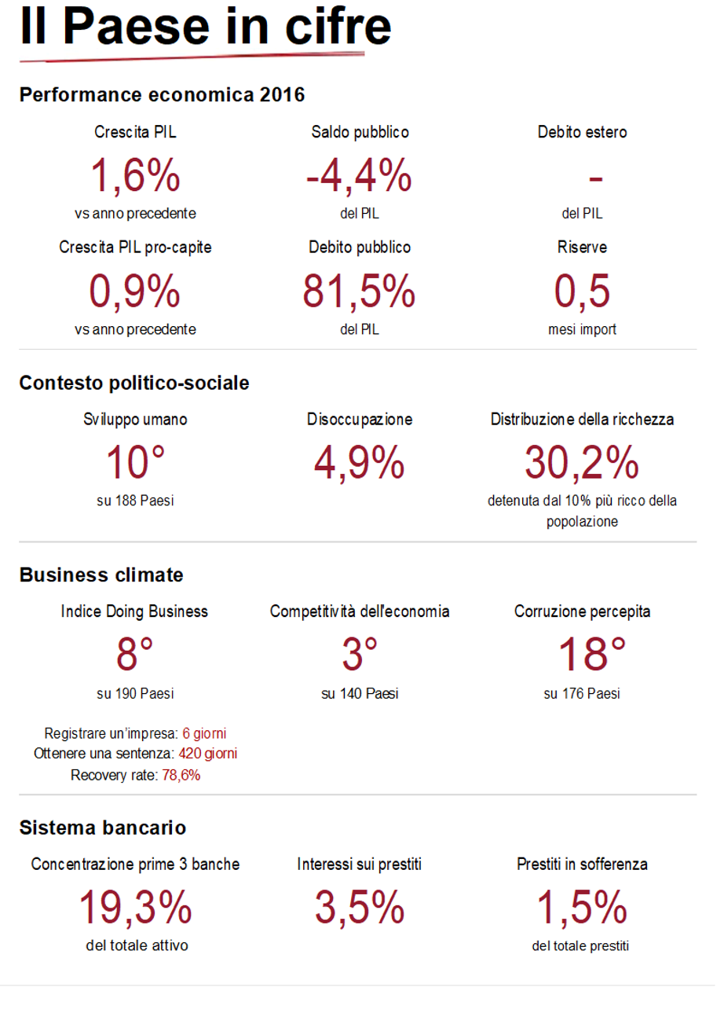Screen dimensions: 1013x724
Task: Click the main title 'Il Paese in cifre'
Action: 205,27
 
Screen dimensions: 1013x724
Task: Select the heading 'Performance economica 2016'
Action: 162,96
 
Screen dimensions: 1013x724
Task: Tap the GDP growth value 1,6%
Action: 135,175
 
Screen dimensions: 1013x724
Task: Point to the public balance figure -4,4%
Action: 359,175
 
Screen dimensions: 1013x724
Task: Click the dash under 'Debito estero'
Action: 595,179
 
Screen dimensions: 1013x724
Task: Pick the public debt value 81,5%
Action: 359,292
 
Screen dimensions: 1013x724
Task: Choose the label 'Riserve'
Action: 582,248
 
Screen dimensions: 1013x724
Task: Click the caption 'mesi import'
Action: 582,329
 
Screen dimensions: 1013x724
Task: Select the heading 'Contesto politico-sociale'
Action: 134,384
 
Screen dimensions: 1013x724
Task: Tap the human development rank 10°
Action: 135,461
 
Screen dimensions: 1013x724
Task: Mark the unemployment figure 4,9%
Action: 359,461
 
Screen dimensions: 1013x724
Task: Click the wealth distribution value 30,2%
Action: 582,461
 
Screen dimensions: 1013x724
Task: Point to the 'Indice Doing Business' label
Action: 134,611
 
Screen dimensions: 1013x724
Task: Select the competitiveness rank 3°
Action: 359,654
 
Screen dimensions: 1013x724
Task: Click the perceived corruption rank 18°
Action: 582,654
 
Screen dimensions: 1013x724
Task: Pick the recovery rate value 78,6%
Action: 181,775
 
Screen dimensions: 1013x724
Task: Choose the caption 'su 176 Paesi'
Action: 582,694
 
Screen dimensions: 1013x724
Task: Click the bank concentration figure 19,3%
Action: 135,908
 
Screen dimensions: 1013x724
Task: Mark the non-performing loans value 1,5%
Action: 582,908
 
